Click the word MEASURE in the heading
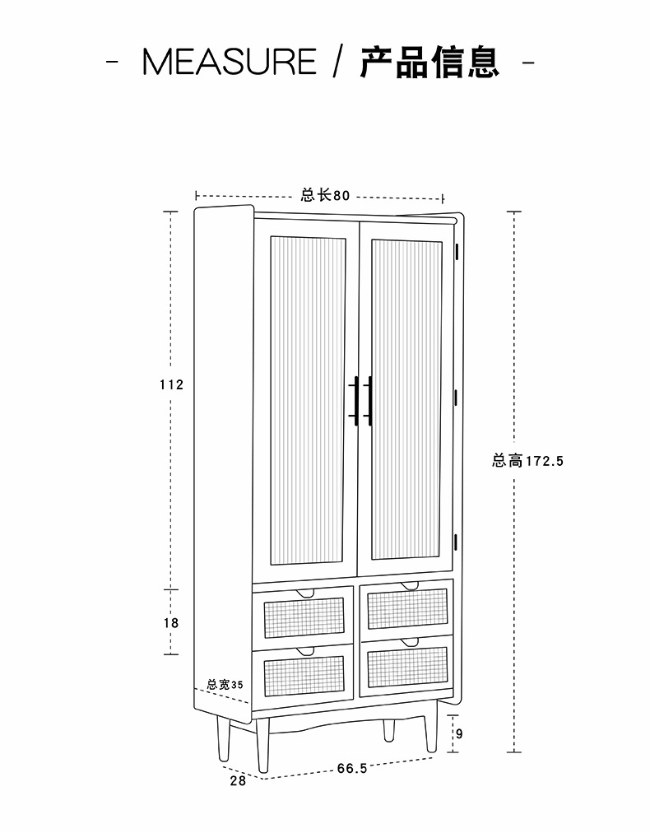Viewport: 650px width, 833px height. click(229, 63)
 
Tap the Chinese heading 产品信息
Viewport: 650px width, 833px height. click(429, 63)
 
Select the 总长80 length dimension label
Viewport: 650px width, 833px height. click(325, 196)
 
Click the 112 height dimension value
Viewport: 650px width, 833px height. click(171, 384)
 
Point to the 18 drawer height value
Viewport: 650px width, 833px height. click(171, 623)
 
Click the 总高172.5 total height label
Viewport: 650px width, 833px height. click(527, 461)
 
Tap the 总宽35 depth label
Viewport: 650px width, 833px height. click(225, 684)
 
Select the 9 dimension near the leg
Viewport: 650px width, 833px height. click(459, 734)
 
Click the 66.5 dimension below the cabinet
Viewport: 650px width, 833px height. click(351, 768)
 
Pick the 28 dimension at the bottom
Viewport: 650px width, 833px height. click(237, 781)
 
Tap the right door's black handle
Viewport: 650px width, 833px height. click(369, 401)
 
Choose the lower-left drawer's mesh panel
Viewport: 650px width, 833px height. click(303, 674)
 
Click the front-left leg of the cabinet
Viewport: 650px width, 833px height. click(262, 745)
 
